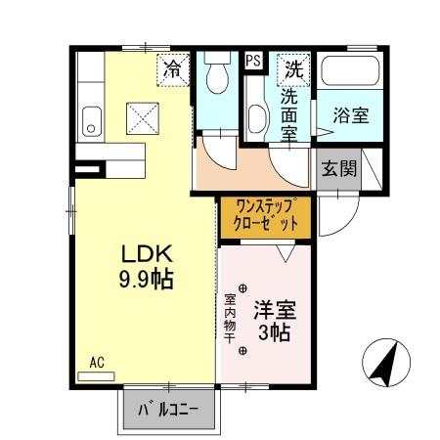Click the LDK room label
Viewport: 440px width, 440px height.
(x=143, y=251)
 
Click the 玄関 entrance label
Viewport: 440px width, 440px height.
(x=338, y=168)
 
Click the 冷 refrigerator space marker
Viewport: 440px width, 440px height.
(x=172, y=68)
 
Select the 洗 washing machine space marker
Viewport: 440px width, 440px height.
(x=293, y=68)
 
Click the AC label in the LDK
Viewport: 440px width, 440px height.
(x=97, y=362)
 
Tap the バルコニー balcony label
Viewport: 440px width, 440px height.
(x=167, y=409)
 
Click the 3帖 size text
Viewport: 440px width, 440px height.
(x=275, y=333)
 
